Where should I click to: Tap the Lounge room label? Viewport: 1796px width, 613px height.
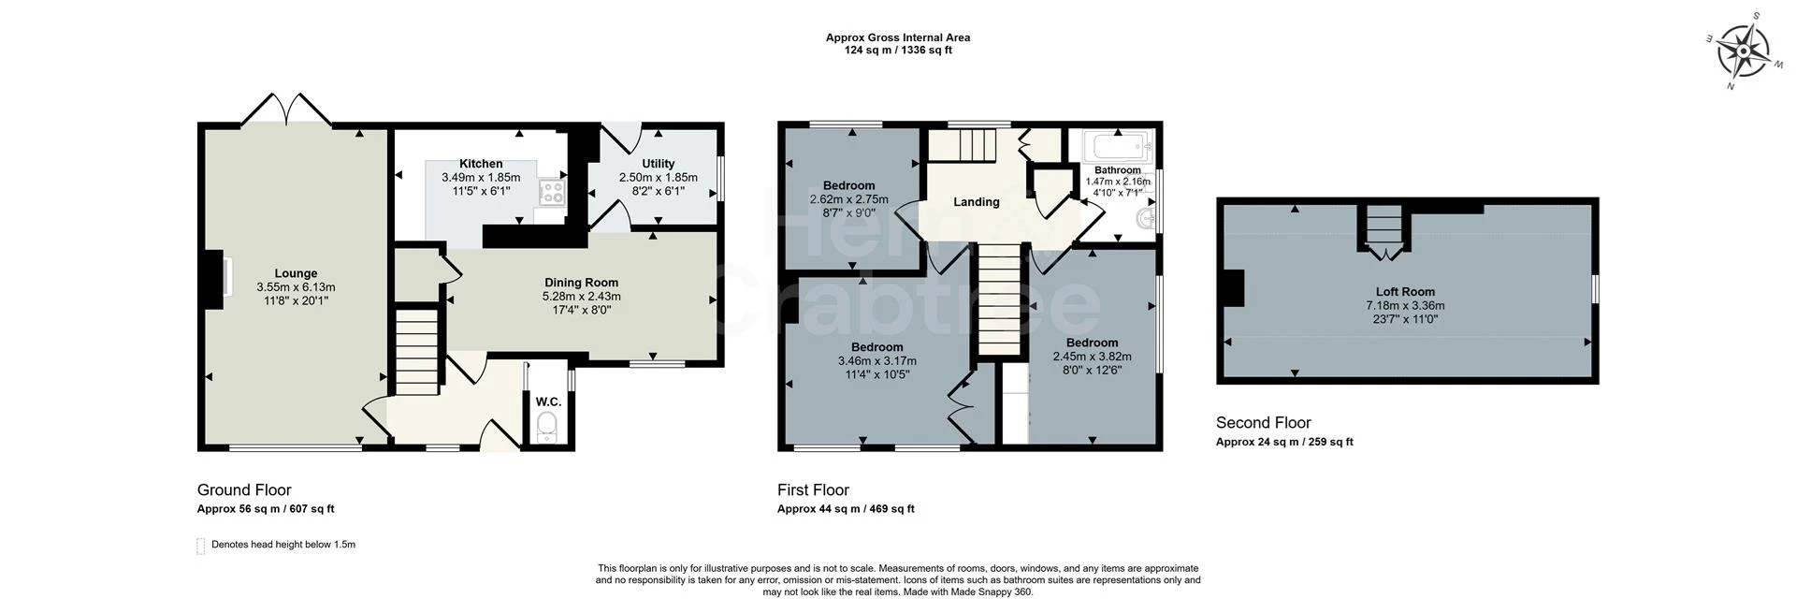point(296,274)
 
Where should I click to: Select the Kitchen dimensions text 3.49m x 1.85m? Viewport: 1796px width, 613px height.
point(480,177)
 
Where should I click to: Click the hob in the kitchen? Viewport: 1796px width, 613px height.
point(551,193)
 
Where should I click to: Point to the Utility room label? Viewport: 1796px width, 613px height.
point(658,164)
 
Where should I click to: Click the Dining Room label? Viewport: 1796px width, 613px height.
point(581,283)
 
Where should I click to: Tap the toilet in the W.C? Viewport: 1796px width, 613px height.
point(547,428)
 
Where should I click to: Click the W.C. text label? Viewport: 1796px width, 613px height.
point(548,402)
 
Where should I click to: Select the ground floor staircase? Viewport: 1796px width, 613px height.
point(415,354)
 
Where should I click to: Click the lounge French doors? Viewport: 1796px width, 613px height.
point(286,109)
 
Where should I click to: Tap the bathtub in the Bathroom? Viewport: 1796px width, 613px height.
point(1118,147)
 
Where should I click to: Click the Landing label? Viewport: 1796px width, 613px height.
point(976,202)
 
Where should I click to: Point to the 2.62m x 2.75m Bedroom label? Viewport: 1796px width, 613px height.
point(848,185)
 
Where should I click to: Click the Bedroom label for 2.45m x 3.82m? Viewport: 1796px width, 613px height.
point(1092,343)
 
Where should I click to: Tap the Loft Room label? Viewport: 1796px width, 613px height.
point(1404,292)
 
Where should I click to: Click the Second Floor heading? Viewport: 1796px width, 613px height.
point(1263,423)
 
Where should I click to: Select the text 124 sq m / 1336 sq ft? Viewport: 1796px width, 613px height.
point(897,51)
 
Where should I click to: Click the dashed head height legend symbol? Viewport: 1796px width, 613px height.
point(200,546)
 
